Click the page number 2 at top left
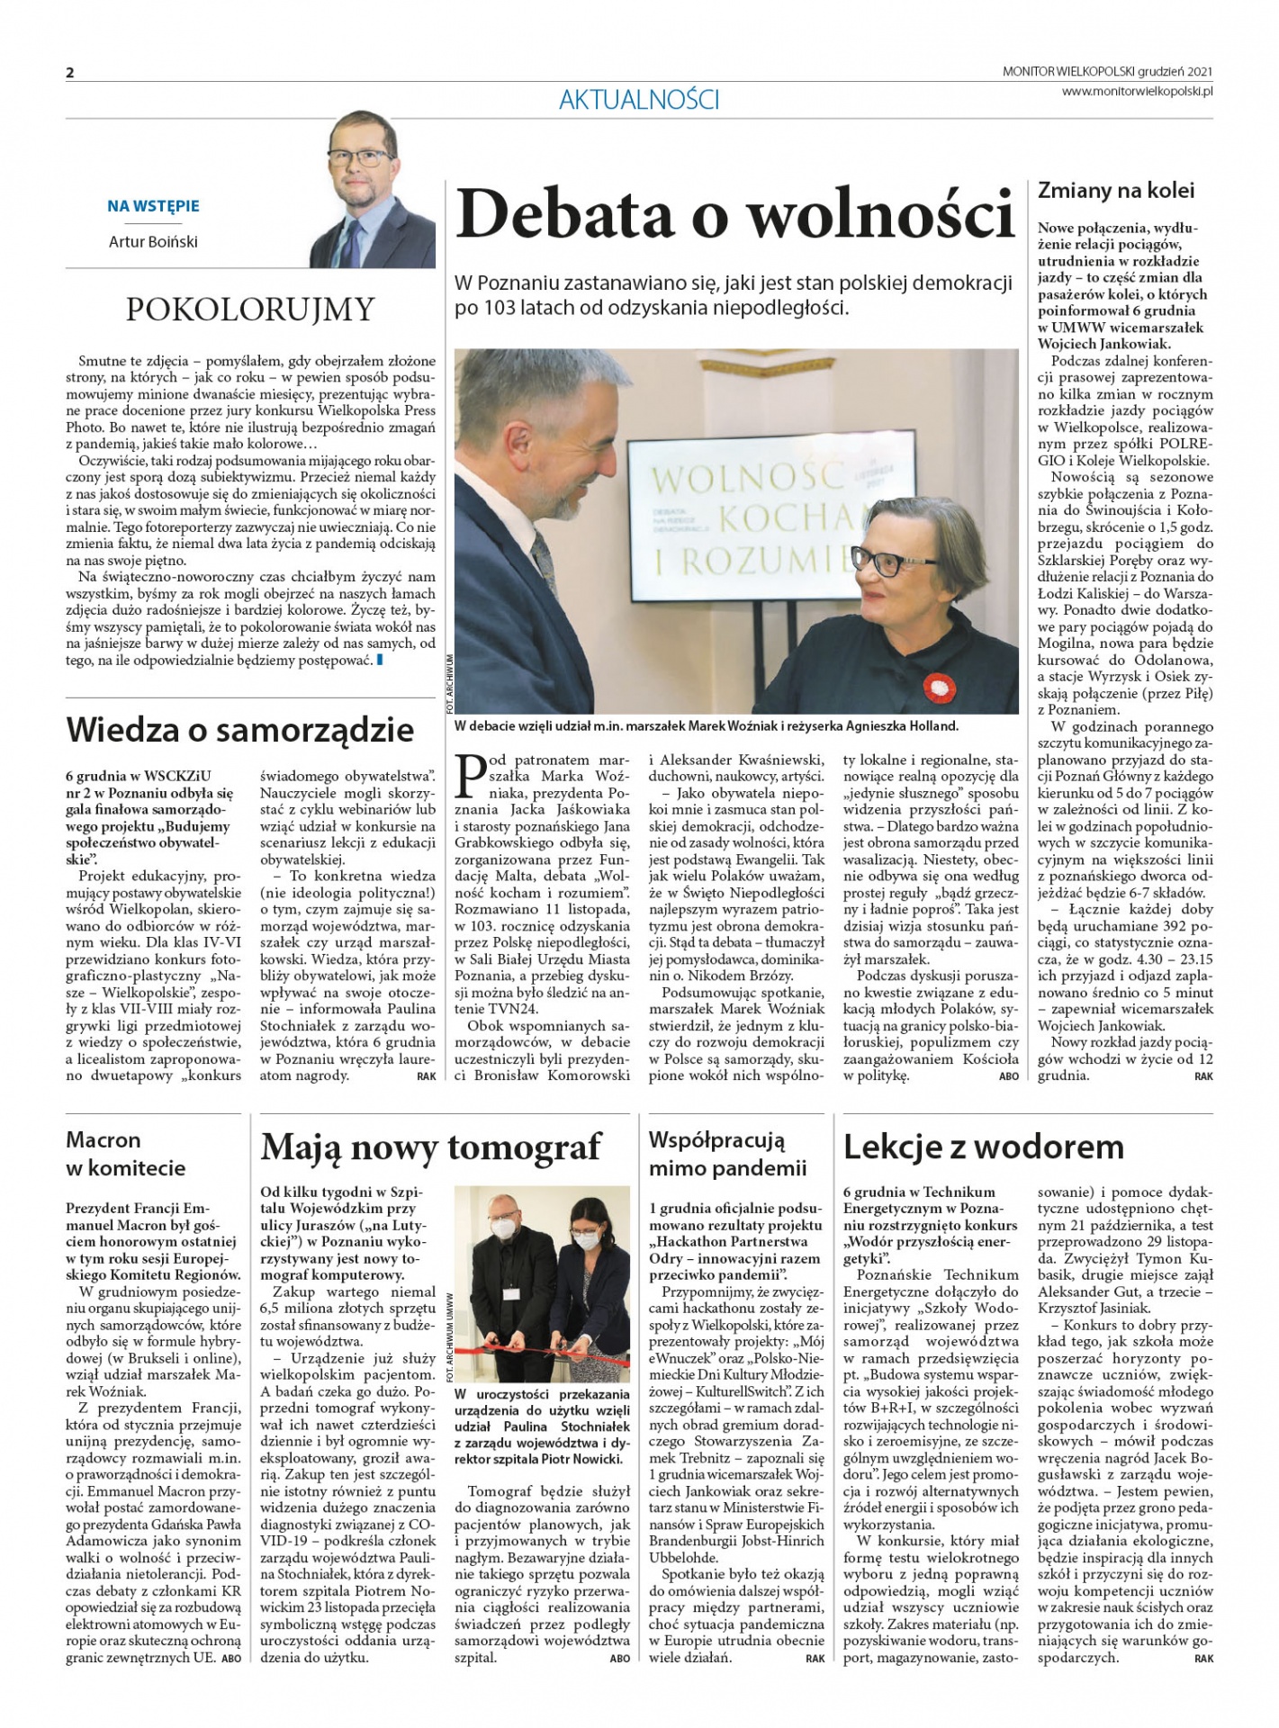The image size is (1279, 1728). pyautogui.click(x=70, y=74)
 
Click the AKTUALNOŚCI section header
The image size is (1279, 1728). pyautogui.click(x=639, y=100)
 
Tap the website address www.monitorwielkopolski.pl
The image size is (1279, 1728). pyautogui.click(x=1138, y=91)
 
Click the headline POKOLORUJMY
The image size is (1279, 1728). pyautogui.click(x=250, y=310)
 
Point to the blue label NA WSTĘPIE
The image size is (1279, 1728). pyautogui.click(x=153, y=206)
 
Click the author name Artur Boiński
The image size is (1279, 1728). pyautogui.click(x=153, y=241)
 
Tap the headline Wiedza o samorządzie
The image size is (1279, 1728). pyautogui.click(x=240, y=729)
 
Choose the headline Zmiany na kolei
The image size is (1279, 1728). pyautogui.click(x=1116, y=191)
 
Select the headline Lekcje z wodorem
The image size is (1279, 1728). pyautogui.click(x=983, y=1147)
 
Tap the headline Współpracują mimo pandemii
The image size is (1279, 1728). pyautogui.click(x=727, y=1155)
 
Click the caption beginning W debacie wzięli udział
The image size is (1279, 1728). pyautogui.click(x=706, y=725)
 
